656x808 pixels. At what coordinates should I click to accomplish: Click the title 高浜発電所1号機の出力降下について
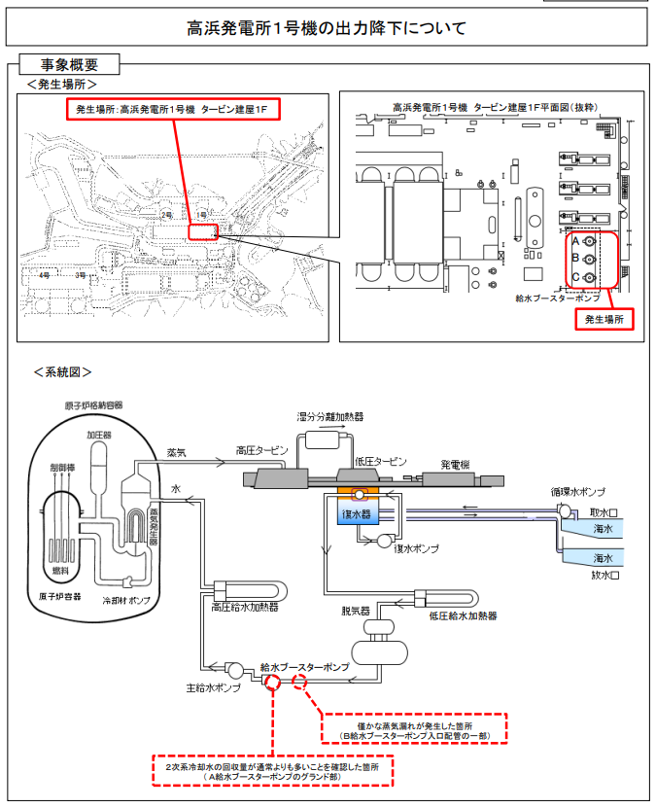tap(327, 28)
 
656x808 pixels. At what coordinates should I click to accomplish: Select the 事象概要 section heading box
tap(70, 65)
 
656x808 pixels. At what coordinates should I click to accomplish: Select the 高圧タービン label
tap(262, 451)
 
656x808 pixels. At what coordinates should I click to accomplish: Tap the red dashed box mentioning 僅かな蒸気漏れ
tap(415, 729)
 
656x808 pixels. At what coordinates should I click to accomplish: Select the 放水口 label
tap(604, 576)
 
